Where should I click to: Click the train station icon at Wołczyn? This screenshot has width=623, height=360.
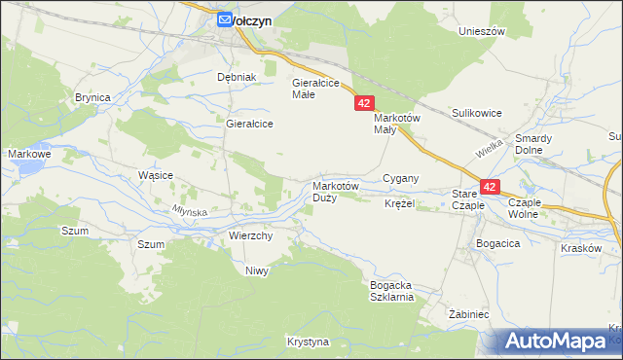224,18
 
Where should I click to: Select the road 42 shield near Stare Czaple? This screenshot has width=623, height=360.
490,186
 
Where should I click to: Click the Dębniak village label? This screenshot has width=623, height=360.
236,77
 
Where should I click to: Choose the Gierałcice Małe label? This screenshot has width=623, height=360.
315,89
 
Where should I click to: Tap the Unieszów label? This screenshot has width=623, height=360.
483,31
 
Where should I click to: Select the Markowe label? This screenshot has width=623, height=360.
28,154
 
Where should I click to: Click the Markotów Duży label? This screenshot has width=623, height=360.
336,192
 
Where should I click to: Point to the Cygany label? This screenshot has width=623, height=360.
400,178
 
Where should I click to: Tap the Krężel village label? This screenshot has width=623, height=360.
399,204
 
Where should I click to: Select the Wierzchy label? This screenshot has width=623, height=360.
250,235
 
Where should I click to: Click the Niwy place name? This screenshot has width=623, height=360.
256,270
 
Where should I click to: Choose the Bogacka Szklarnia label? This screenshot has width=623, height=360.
392,291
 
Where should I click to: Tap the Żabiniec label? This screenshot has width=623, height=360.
467,316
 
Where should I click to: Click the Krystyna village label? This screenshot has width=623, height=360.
308,342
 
